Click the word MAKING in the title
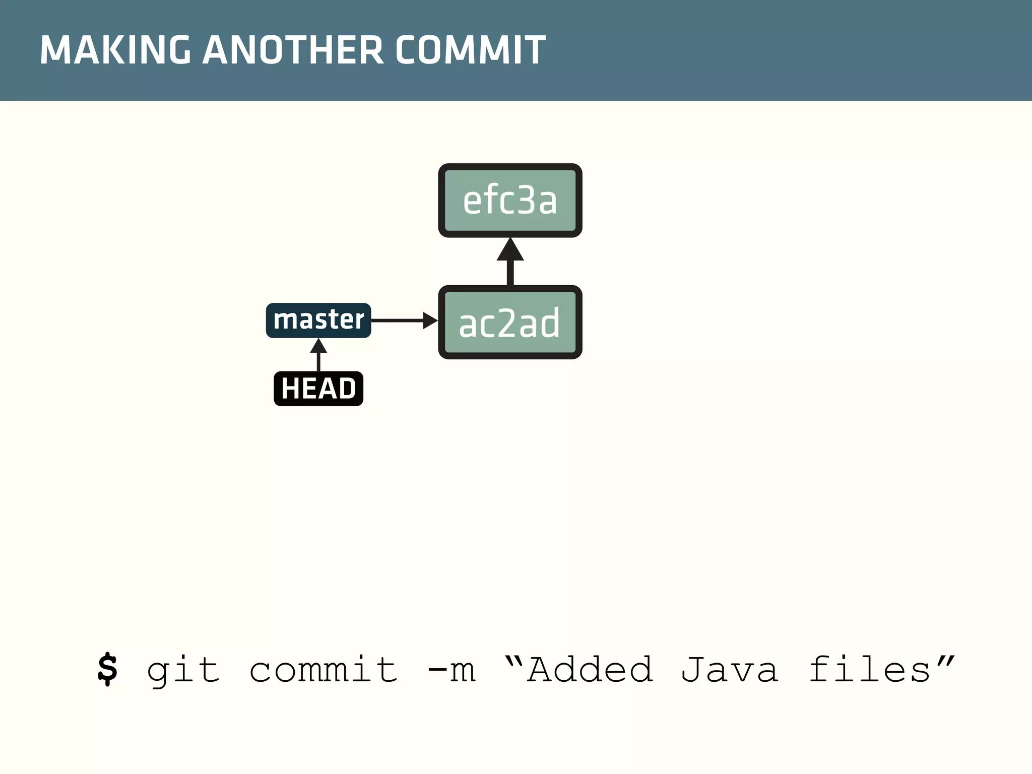pyautogui.click(x=115, y=50)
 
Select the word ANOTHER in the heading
pyautogui.click(x=293, y=50)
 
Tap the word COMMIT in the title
pyautogui.click(x=470, y=50)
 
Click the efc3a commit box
pyautogui.click(x=510, y=201)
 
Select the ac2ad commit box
pyautogui.click(x=510, y=322)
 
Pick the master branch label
pyautogui.click(x=318, y=320)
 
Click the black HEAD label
pyautogui.click(x=318, y=389)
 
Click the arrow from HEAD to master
pyautogui.click(x=318, y=355)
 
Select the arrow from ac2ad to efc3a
pyautogui.click(x=510, y=262)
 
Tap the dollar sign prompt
pyautogui.click(x=107, y=670)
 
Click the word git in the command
pyautogui.click(x=183, y=670)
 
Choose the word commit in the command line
pyautogui.click(x=323, y=670)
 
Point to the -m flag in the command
pyautogui.click(x=451, y=670)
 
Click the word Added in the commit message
pyautogui.click(x=591, y=670)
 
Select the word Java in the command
pyautogui.click(x=730, y=670)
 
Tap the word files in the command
pyautogui.click(x=870, y=670)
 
